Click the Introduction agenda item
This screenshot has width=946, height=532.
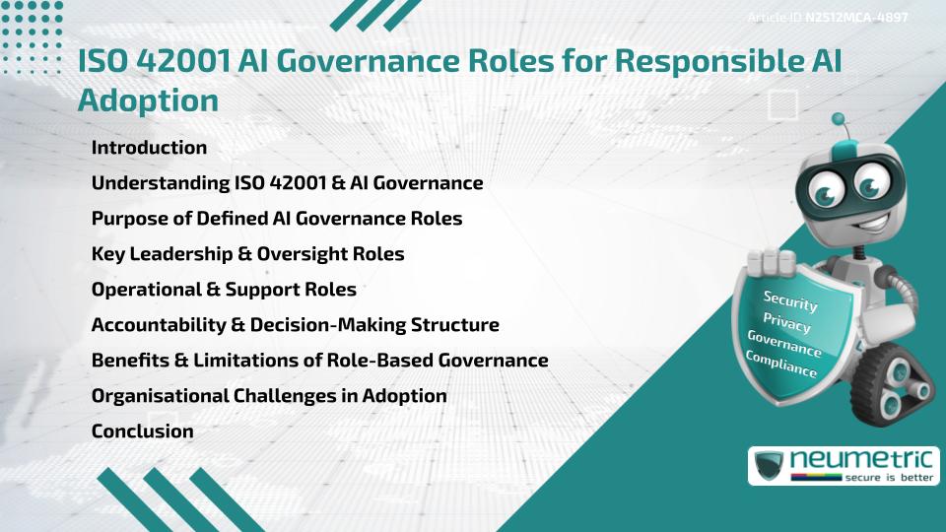pos(149,148)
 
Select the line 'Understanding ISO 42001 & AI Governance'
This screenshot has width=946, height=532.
pos(287,183)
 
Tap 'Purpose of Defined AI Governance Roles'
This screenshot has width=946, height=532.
pos(276,219)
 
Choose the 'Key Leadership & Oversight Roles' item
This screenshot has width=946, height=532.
pos(247,254)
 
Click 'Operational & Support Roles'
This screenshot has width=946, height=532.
pos(224,290)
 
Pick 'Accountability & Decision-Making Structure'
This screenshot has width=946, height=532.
pos(295,325)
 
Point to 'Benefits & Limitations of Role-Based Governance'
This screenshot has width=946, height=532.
pos(319,361)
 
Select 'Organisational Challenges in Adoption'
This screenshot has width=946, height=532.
pos(269,396)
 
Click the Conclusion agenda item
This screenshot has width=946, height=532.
pos(142,432)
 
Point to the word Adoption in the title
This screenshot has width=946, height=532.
pos(147,100)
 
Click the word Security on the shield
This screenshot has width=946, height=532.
pos(790,301)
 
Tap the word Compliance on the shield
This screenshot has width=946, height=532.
pos(781,364)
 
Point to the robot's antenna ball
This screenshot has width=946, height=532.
pos(840,120)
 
